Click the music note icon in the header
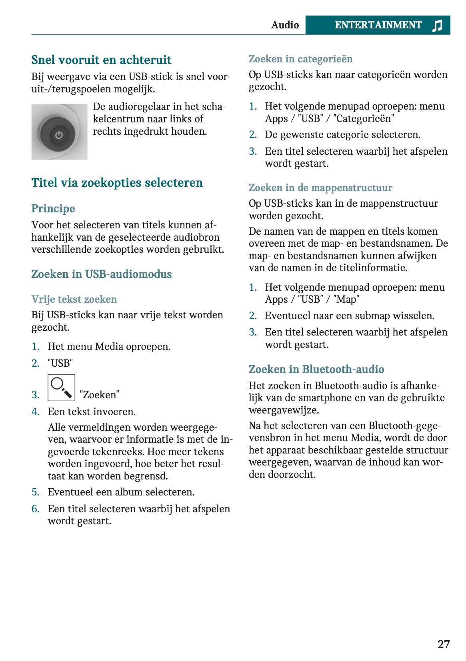click(x=437, y=25)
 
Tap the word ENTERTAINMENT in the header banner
click(x=378, y=25)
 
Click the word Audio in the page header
click(x=285, y=25)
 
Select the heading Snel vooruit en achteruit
click(x=101, y=60)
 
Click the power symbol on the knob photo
click(x=59, y=135)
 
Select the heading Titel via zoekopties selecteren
click(x=117, y=183)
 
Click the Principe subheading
click(x=53, y=209)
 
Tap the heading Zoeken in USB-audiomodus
click(x=102, y=274)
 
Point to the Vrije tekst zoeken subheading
click(x=74, y=300)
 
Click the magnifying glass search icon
click(x=61, y=387)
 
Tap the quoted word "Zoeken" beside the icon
click(x=99, y=395)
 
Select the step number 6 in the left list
click(x=35, y=509)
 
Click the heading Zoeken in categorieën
click(x=300, y=59)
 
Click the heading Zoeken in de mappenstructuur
click(x=320, y=188)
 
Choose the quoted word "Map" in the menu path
click(x=346, y=300)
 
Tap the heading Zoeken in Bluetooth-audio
click(x=316, y=369)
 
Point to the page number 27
click(x=444, y=644)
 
